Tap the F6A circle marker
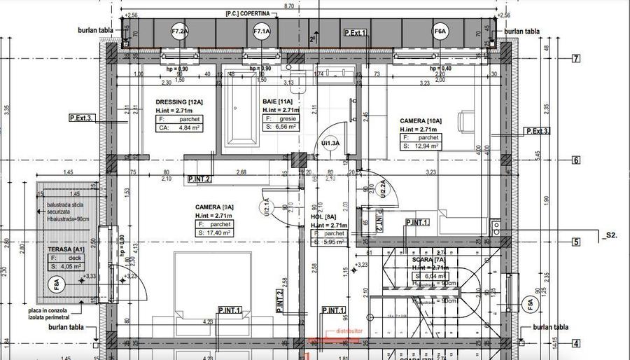click(440, 32)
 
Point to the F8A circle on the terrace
click(56, 284)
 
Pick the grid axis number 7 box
click(576, 59)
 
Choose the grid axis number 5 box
click(576, 242)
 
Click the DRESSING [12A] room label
click(178, 102)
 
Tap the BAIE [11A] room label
click(277, 102)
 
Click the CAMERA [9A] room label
click(214, 207)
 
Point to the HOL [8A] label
click(324, 217)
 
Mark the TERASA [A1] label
click(66, 249)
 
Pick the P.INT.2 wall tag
click(199, 179)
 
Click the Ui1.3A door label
click(330, 143)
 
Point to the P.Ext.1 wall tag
click(356, 33)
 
